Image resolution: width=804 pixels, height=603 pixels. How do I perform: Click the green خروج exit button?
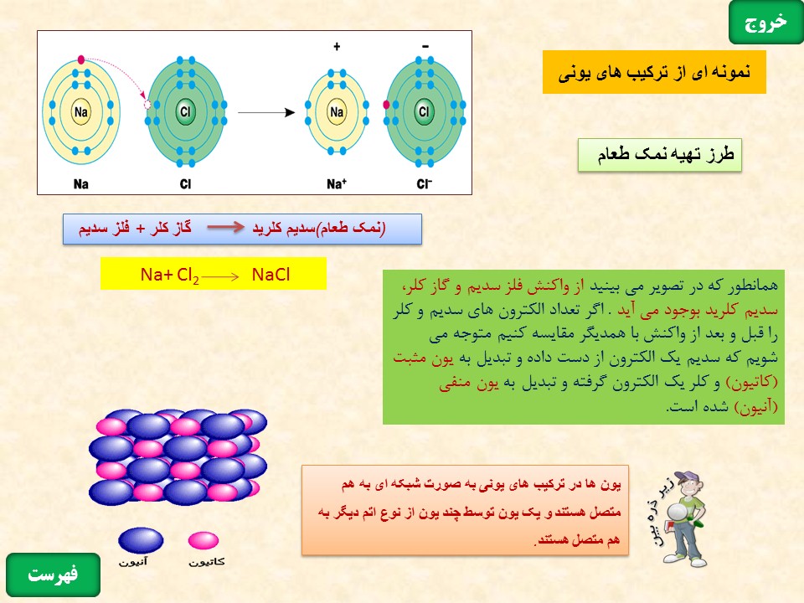click(x=765, y=23)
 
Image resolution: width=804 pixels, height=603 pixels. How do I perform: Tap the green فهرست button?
click(x=53, y=575)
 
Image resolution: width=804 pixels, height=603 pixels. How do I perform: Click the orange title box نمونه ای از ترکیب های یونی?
click(x=654, y=72)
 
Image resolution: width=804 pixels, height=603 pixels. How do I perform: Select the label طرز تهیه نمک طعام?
click(x=660, y=154)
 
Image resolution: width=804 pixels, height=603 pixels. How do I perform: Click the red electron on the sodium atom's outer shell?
click(x=81, y=59)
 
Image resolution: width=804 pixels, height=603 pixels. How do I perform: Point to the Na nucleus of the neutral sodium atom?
click(x=81, y=111)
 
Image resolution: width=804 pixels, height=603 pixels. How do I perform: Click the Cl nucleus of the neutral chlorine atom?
click(x=185, y=111)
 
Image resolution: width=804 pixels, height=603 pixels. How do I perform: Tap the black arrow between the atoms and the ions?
click(x=266, y=112)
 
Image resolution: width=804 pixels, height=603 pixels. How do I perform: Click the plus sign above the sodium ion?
click(x=337, y=47)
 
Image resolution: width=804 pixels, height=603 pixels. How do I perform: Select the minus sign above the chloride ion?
click(x=425, y=47)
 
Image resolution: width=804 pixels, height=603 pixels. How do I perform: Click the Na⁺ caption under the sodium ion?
click(x=337, y=183)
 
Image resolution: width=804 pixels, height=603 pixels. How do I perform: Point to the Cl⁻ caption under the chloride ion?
click(x=424, y=183)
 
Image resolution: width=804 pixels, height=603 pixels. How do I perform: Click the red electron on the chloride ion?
click(x=387, y=105)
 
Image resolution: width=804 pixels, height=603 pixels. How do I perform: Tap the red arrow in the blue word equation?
click(x=225, y=227)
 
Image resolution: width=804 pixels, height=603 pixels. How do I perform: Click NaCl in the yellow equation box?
click(x=271, y=275)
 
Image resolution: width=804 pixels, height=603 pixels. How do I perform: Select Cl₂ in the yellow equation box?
click(x=188, y=276)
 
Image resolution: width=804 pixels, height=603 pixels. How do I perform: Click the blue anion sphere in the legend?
click(x=141, y=540)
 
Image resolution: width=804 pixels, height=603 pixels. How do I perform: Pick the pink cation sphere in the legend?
click(x=203, y=540)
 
